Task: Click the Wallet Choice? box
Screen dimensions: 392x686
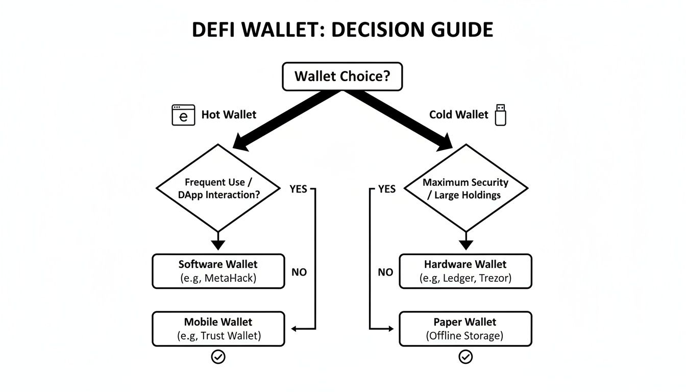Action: point(342,77)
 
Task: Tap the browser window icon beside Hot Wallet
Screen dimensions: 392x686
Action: point(183,115)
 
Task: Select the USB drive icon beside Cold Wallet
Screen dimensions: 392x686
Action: point(500,115)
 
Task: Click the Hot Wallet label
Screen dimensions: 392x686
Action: point(229,115)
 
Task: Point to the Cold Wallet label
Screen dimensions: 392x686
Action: point(458,115)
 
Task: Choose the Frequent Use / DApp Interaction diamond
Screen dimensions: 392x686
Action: point(218,188)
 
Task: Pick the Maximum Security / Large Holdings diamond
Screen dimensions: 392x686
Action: point(465,188)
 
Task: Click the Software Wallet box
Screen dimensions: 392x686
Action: point(218,271)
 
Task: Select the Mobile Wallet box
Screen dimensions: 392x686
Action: point(218,329)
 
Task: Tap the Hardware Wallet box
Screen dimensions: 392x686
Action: point(465,271)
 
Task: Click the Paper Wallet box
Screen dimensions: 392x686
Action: point(465,329)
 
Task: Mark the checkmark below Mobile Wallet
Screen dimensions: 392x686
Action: point(218,357)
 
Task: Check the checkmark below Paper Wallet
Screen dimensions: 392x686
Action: point(465,357)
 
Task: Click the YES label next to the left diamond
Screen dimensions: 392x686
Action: point(298,189)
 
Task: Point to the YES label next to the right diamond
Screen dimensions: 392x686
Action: point(386,189)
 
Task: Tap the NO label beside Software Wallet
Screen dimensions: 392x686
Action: point(299,272)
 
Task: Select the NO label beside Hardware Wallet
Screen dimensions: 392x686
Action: point(385,272)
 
